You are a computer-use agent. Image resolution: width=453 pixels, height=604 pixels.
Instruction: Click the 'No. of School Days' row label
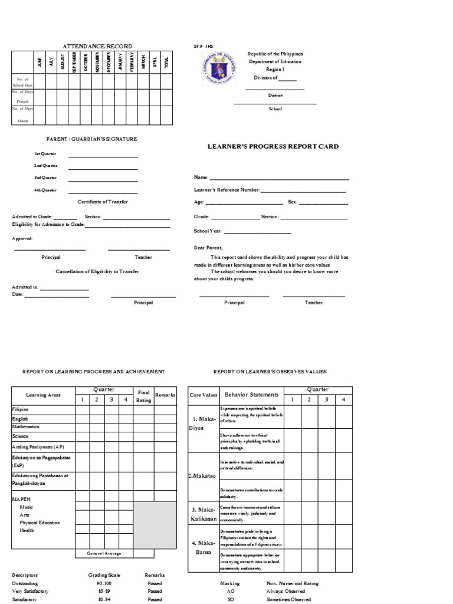[x=23, y=82]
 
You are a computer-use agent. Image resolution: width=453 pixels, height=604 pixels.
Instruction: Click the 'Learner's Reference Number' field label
[x=227, y=190]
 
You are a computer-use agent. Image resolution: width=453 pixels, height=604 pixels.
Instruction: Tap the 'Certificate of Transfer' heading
[x=103, y=202]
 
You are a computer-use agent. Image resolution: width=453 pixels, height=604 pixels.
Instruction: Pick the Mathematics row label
[x=26, y=426]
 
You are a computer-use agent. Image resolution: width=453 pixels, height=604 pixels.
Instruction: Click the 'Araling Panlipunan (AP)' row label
[x=35, y=447]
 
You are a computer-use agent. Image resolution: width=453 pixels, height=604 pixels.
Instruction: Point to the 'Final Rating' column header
[x=143, y=396]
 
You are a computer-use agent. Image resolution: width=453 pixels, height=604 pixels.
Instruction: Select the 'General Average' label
[x=104, y=553]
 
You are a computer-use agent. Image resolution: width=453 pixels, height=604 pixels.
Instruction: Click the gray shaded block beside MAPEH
[x=155, y=525]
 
